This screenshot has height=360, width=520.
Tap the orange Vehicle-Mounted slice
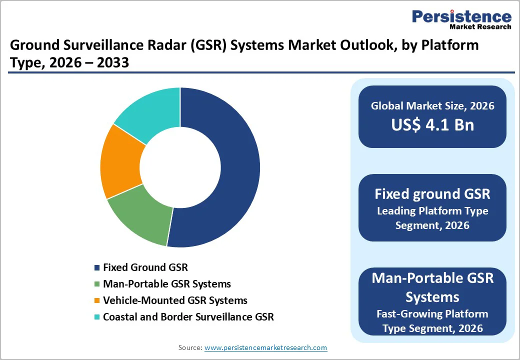coord(120,162)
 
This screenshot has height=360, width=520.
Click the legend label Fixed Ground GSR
coord(145,267)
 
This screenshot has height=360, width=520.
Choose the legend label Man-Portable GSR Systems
coord(167,284)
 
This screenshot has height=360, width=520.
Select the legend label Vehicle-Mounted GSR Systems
coord(175,300)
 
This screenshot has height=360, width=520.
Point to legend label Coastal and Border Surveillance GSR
coord(188,317)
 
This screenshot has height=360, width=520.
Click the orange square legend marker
coord(97,301)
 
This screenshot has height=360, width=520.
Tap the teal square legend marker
coord(97,317)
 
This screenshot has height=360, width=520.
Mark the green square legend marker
coord(97,284)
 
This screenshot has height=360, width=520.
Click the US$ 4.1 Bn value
coord(432,124)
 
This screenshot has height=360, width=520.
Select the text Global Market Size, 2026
coord(432,105)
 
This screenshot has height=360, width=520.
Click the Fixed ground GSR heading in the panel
coord(432,193)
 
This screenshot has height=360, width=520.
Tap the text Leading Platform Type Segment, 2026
coord(432,218)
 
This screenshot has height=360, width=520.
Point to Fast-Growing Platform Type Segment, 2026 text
coord(432,321)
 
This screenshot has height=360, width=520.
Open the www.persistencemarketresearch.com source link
coord(265,347)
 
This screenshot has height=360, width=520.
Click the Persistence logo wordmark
coord(461,17)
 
